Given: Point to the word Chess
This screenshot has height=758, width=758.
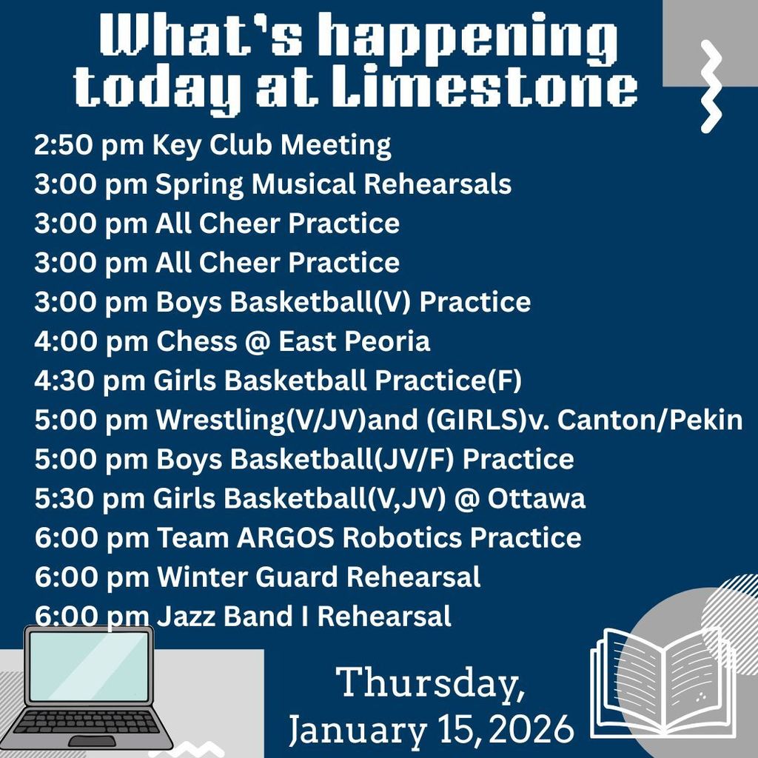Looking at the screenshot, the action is pyautogui.click(x=197, y=341).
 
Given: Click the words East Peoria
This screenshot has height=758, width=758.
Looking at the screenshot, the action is pyautogui.click(x=354, y=341).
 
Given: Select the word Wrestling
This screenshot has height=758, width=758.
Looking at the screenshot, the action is pyautogui.click(x=221, y=420).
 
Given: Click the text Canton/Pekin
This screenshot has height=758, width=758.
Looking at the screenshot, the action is pyautogui.click(x=650, y=420).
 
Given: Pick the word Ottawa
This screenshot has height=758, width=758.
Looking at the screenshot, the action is pyautogui.click(x=536, y=498).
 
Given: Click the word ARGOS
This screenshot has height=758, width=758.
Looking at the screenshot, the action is pyautogui.click(x=285, y=538).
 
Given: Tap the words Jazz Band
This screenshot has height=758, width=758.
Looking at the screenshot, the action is pyautogui.click(x=224, y=617).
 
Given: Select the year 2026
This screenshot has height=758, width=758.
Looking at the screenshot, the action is pyautogui.click(x=531, y=729).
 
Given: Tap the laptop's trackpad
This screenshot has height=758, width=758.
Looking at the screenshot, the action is pyautogui.click(x=92, y=741).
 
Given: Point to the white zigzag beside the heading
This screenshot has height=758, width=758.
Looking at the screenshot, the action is pyautogui.click(x=711, y=87).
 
